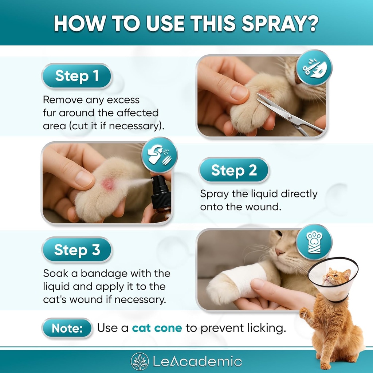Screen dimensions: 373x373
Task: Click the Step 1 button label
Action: pos(77,76)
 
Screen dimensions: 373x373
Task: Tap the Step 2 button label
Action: pos(233,170)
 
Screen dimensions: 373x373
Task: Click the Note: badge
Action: pos(67,328)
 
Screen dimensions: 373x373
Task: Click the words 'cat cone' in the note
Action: pos(157,328)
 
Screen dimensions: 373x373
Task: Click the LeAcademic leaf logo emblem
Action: pos(140,361)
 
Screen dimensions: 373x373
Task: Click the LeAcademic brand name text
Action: pos(197,361)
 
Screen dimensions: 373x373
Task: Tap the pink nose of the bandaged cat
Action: pos(279,251)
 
